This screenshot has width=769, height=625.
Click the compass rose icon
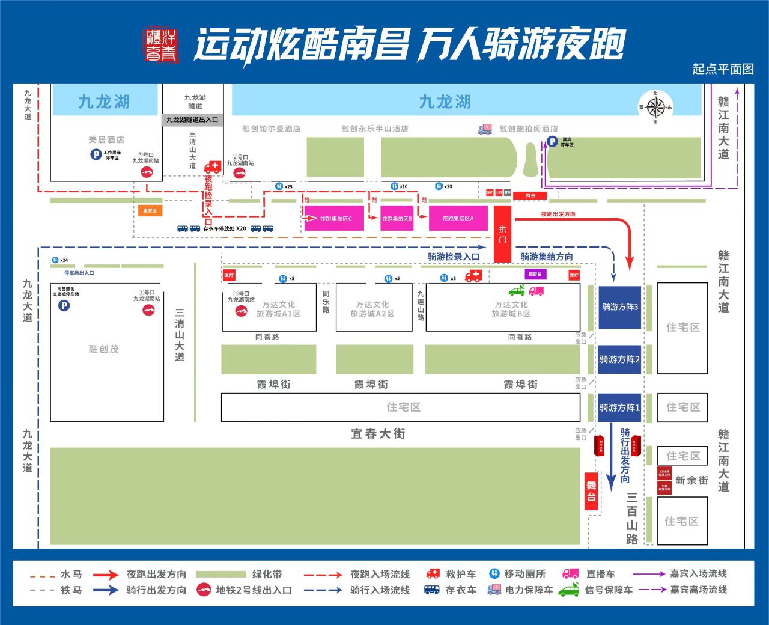pos(655,108)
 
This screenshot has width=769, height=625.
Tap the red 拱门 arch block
pos(502,234)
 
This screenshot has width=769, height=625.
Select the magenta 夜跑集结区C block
pos(334,219)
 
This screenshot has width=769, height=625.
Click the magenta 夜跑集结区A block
pos(458,219)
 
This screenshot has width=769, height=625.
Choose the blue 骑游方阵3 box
pos(619,307)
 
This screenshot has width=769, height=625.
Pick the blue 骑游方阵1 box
pos(619,407)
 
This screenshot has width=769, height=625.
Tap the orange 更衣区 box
pos(150,211)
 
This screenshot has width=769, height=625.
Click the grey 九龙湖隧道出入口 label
pos(192,120)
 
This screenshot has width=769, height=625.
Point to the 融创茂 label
pos(104,349)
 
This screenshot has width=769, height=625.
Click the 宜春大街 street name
pos(378,433)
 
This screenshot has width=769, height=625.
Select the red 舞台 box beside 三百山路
pos(592,491)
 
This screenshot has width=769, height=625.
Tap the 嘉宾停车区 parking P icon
pos(552,142)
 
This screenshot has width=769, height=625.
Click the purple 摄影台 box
pos(535,274)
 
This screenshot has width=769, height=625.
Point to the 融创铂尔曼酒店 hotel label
pos(271,129)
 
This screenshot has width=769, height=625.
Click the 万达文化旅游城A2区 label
pos(372,309)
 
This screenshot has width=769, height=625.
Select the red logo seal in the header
pos(162,45)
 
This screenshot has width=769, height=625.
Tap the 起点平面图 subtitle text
pos(723,69)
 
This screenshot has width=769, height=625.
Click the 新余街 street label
pos(691,480)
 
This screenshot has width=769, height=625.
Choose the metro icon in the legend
pos(204,590)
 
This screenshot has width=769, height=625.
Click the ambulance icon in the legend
pos(433,574)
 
